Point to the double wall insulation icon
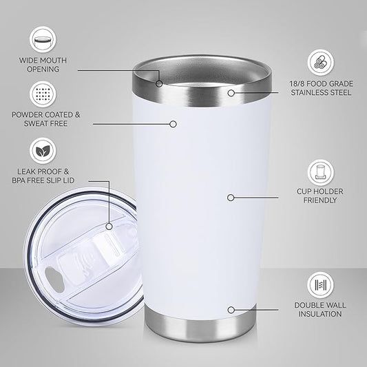point(319,282)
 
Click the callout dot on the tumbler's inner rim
point(158,83)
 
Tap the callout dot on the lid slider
point(109,225)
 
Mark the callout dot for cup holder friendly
point(230,197)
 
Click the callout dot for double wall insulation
point(230,311)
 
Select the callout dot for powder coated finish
point(173,124)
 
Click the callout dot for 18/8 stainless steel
point(231,92)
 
